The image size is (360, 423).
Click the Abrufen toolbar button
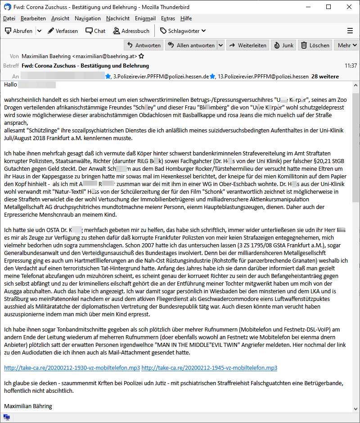[x=19, y=31]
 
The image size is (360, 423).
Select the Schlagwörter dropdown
[x=183, y=31]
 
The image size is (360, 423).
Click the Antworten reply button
[x=144, y=45]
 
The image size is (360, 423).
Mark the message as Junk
[x=284, y=45]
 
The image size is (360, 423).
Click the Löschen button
[x=315, y=45]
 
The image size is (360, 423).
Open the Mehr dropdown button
[x=347, y=45]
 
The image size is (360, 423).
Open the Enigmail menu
[x=144, y=18]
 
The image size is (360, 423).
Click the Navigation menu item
[x=88, y=18]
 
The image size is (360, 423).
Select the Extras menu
[x=168, y=18]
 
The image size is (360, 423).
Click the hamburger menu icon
[x=350, y=31]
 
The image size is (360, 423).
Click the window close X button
[x=349, y=7]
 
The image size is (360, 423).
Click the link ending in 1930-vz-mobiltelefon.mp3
[x=72, y=368]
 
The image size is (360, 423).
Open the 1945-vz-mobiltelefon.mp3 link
[x=209, y=368]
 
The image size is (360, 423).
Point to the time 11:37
[x=351, y=65]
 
